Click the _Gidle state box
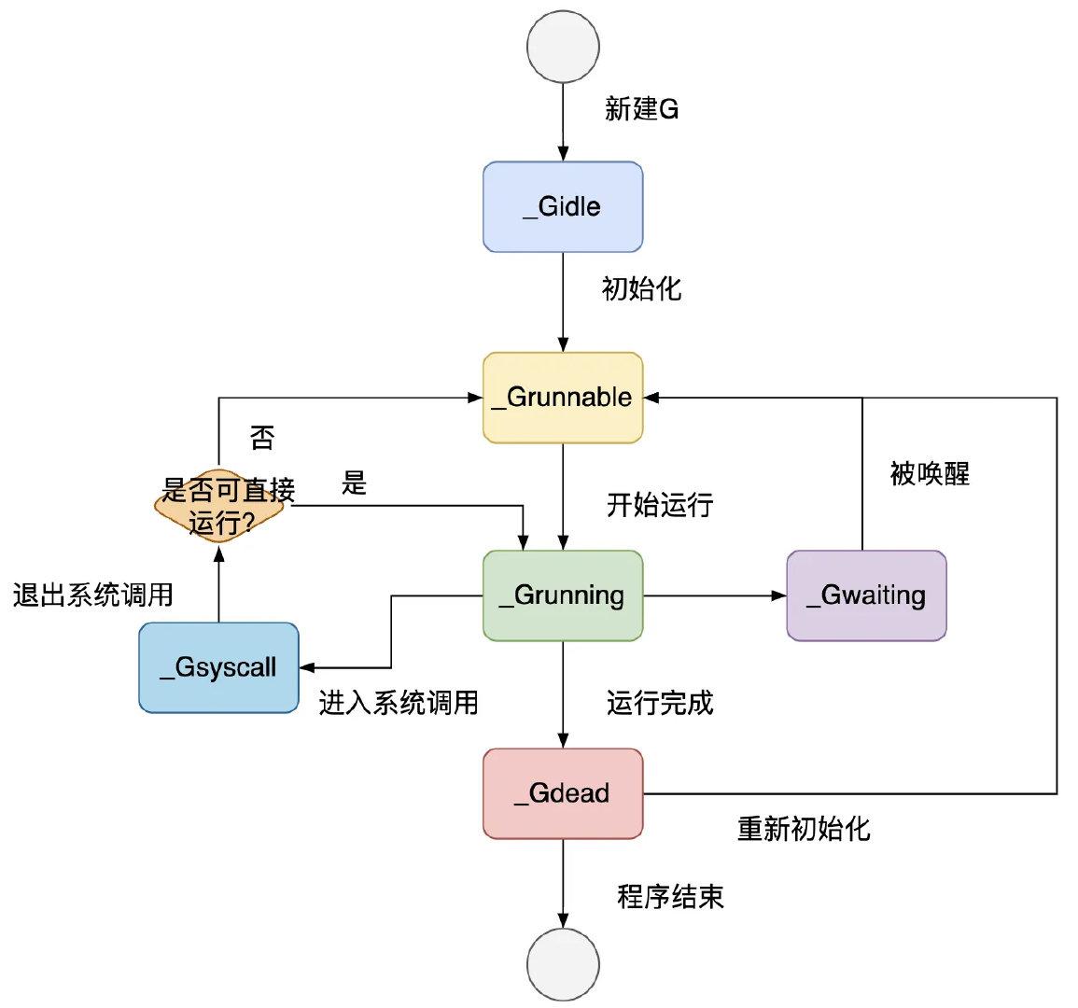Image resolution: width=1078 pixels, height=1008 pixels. [563, 206]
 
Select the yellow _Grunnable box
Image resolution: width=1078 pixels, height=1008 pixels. [563, 397]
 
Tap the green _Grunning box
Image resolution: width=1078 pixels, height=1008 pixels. [563, 595]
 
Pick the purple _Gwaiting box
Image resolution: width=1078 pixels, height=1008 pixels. [866, 595]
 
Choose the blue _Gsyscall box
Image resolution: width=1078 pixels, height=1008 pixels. [218, 667]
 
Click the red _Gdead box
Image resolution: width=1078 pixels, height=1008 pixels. [563, 793]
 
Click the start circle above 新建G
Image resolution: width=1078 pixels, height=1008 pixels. [563, 45]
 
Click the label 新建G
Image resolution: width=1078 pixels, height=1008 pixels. [641, 109]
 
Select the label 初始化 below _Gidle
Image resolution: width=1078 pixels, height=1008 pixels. [641, 288]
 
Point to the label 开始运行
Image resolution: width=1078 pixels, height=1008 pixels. [660, 505]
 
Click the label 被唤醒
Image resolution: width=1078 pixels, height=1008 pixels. [930, 473]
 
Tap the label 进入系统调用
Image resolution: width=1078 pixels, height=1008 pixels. [399, 702]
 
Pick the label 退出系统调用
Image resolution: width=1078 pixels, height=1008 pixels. [93, 595]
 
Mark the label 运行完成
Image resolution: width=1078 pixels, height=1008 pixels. [660, 702]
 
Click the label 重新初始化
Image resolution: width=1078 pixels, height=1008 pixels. [804, 828]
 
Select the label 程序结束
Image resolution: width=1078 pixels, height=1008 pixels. [670, 897]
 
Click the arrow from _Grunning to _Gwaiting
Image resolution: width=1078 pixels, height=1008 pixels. [714, 595]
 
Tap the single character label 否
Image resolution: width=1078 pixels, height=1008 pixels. [262, 438]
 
